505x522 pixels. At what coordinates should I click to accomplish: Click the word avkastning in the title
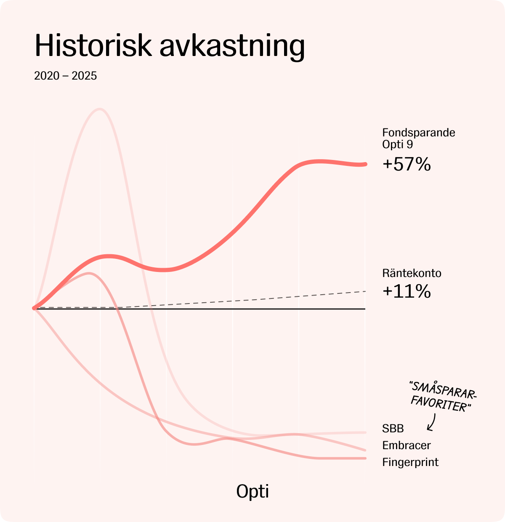point(232,46)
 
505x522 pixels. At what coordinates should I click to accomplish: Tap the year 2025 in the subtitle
point(84,76)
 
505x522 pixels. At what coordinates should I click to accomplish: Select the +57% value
point(407,164)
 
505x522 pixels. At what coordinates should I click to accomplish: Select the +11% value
point(407,291)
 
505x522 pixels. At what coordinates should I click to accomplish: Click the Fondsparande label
point(418,133)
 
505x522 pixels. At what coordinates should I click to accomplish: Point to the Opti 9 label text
point(397,144)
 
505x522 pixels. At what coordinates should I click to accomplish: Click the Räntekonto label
point(412,273)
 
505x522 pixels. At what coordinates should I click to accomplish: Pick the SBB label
point(393,429)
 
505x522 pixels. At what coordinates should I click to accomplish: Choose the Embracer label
point(406,445)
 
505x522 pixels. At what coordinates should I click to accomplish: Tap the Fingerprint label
point(410,462)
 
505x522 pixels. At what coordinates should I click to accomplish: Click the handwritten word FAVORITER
point(440,404)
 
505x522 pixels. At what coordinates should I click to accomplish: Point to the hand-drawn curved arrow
point(431,422)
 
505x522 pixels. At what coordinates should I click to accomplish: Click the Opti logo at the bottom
point(252,491)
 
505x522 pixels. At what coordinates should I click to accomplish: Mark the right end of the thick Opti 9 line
point(365,164)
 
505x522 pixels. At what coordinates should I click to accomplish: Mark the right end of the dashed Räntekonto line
point(365,291)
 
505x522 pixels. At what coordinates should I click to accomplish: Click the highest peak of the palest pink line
point(100,109)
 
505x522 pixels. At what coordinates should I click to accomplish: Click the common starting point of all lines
point(35,308)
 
